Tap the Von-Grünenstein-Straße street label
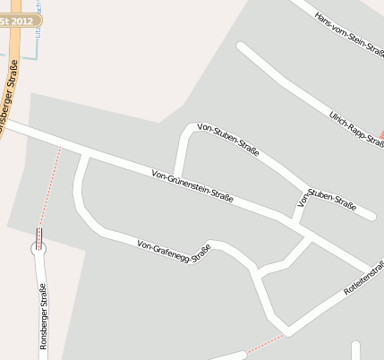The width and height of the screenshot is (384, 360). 192,185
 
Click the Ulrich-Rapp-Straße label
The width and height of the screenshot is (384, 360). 357,129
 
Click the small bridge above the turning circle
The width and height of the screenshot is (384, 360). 38,236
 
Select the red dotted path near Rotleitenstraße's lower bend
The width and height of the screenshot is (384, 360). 265,344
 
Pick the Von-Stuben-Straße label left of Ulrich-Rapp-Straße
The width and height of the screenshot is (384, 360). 228,140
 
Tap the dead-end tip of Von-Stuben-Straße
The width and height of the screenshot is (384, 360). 370,215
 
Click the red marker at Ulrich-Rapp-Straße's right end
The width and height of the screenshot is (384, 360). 381,135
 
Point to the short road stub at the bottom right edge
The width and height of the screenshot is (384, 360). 356,350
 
